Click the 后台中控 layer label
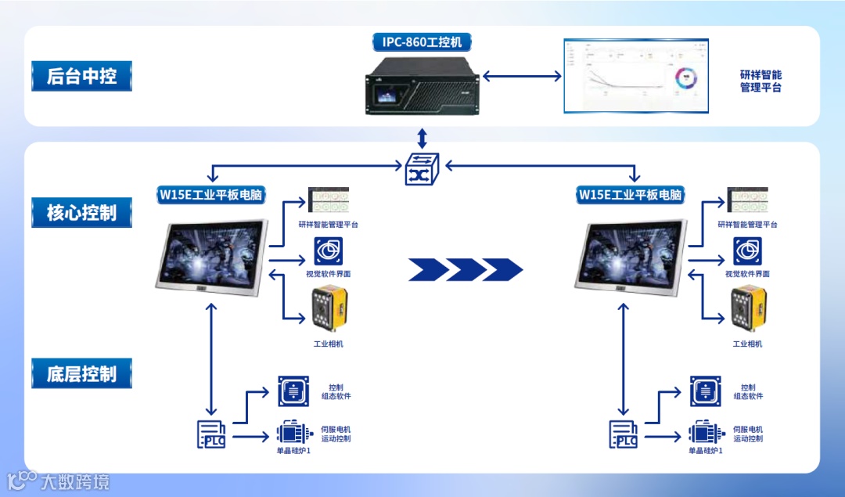click(x=81, y=76)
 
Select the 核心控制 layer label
click(x=81, y=212)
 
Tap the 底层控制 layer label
click(x=81, y=373)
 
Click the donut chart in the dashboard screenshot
click(x=686, y=78)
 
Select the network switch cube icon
click(x=422, y=168)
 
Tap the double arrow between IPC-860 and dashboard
click(x=522, y=76)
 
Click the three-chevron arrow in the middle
click(x=466, y=269)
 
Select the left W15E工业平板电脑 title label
click(x=212, y=194)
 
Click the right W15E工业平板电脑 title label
click(x=631, y=194)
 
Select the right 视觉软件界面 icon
click(x=747, y=251)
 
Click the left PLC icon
click(x=211, y=434)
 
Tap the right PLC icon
click(x=624, y=434)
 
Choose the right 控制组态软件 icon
click(x=705, y=391)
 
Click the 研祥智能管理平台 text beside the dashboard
click(x=760, y=81)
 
